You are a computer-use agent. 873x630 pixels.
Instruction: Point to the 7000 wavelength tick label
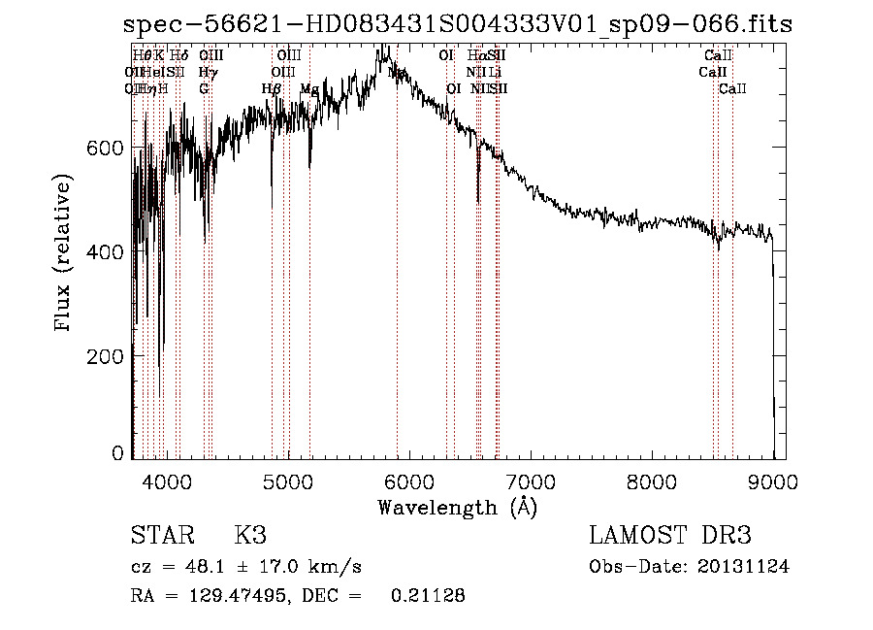(531, 481)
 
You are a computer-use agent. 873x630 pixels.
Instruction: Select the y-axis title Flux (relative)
(65, 253)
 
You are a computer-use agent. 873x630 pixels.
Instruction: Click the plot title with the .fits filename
(458, 24)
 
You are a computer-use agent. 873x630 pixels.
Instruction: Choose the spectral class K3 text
(250, 537)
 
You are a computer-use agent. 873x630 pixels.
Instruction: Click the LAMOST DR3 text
(670, 537)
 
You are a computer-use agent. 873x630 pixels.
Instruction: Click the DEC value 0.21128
(428, 596)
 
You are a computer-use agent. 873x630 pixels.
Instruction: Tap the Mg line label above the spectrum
(309, 89)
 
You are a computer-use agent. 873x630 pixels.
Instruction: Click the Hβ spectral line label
(272, 89)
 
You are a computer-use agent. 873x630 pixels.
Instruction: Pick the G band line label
(204, 89)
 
